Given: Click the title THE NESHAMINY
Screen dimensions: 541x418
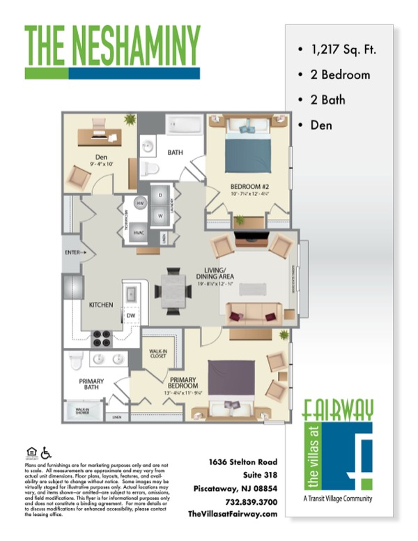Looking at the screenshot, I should [x=112, y=45].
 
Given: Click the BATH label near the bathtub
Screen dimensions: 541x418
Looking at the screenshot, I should [x=176, y=151].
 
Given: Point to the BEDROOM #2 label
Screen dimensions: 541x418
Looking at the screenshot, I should [x=249, y=186].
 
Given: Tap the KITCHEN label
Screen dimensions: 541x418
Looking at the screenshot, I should [x=100, y=305].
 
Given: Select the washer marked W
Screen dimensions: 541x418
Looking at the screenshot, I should [x=161, y=215].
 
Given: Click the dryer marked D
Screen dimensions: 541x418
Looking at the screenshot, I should [x=161, y=196].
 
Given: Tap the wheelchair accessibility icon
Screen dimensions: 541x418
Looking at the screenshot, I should [x=47, y=452].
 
